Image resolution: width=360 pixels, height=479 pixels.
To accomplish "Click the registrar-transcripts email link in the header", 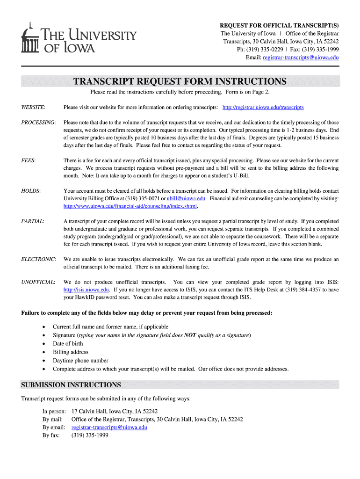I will pos(301,58).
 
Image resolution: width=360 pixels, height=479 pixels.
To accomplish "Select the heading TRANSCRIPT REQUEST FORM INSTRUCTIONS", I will pos(180,82).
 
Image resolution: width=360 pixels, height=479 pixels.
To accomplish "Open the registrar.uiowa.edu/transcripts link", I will pos(263,108).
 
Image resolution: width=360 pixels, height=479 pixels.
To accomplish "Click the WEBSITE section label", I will pos(33,108).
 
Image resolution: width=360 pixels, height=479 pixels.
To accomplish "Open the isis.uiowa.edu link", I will pos(83,290).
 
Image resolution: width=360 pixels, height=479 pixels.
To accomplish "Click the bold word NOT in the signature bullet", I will pos(190,335).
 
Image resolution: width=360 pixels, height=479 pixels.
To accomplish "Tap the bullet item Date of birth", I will pos(68,344).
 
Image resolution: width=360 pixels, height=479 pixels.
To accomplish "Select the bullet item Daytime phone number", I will pos(80,361).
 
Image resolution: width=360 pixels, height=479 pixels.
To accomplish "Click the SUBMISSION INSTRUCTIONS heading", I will pos(71,385).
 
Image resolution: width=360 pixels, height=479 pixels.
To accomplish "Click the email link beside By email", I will pos(109,428).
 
